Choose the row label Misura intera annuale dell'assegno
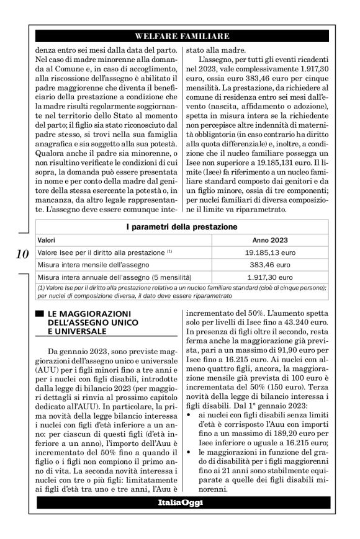[115, 277]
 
